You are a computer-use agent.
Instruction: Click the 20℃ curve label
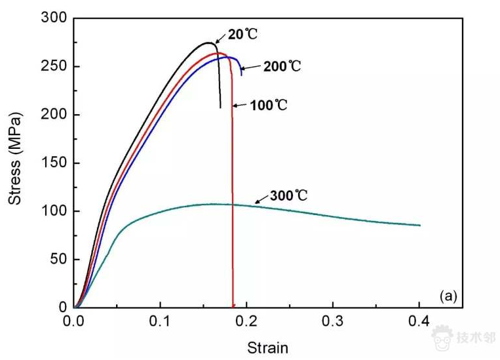pos(239,35)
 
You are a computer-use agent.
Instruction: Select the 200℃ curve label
pos(282,66)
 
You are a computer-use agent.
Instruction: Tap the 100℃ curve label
pos(269,105)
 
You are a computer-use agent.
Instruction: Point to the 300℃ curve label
pos(288,196)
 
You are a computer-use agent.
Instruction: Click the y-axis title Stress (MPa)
pos(15,159)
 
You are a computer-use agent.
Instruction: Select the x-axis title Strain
pos(267,347)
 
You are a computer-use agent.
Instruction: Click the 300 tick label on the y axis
pos(55,18)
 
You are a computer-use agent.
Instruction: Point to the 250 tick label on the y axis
pos(55,66)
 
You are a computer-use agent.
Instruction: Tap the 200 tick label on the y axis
pos(55,115)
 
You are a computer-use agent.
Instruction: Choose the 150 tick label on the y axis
pos(55,163)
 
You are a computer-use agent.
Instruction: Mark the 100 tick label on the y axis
pos(55,211)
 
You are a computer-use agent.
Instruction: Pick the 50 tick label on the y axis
pos(58,259)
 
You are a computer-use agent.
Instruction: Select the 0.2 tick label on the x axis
pos(246,322)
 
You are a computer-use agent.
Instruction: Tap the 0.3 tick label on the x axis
pos(333,322)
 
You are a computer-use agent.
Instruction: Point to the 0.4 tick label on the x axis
pos(419,322)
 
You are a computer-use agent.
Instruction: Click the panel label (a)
pos(448,296)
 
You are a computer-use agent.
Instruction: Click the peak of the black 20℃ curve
pos(208,43)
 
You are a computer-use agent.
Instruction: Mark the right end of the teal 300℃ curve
pos(419,226)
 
